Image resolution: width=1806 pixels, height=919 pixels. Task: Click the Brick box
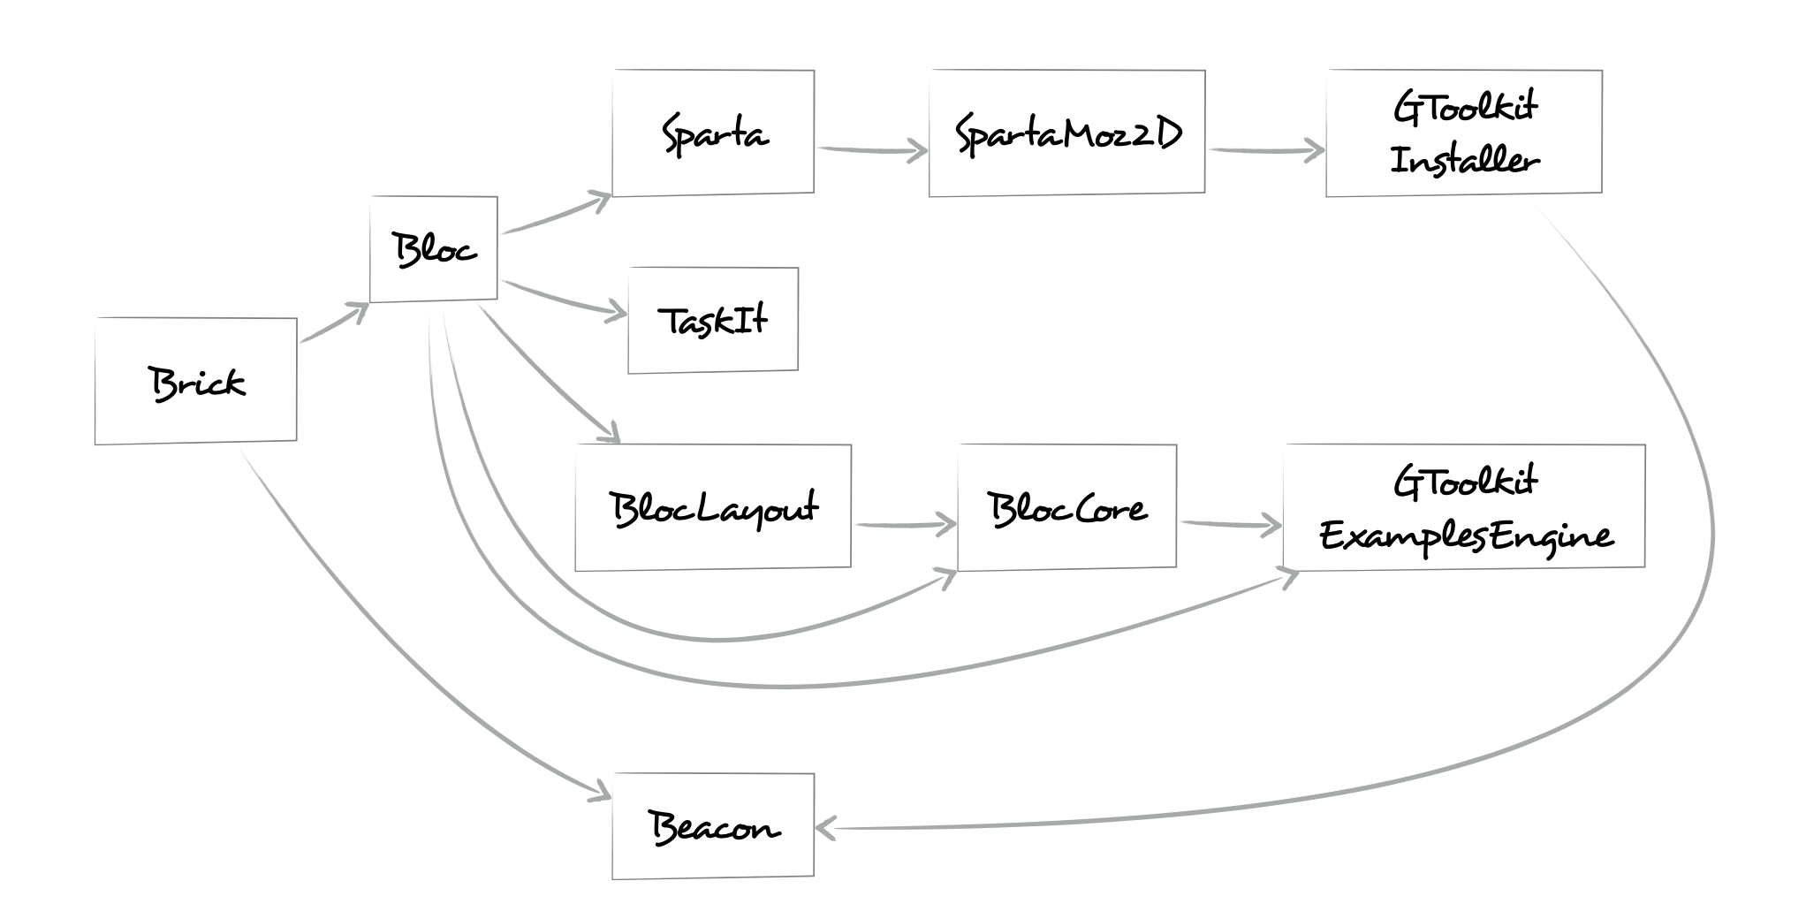195,381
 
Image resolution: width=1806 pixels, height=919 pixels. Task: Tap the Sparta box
713,133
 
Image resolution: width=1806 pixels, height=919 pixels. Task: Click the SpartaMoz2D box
1066,133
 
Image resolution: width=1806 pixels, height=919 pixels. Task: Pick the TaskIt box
713,320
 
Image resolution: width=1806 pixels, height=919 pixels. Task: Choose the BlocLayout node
713,508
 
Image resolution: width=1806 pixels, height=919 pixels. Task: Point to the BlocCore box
1066,508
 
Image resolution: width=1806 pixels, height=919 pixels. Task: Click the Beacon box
713,826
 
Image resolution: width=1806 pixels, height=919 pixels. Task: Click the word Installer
1464,161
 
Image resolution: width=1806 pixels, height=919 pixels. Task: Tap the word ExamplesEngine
1464,536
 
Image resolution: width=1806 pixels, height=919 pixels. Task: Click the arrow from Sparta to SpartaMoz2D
870,150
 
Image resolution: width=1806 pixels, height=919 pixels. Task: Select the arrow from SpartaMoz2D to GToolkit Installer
1265,151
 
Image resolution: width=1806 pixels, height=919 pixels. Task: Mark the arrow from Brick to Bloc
332,323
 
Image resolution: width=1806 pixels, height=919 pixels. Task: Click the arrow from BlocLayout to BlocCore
903,526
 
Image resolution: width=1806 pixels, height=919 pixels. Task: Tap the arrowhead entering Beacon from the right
824,828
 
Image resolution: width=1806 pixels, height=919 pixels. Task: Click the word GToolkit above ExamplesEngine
1464,482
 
